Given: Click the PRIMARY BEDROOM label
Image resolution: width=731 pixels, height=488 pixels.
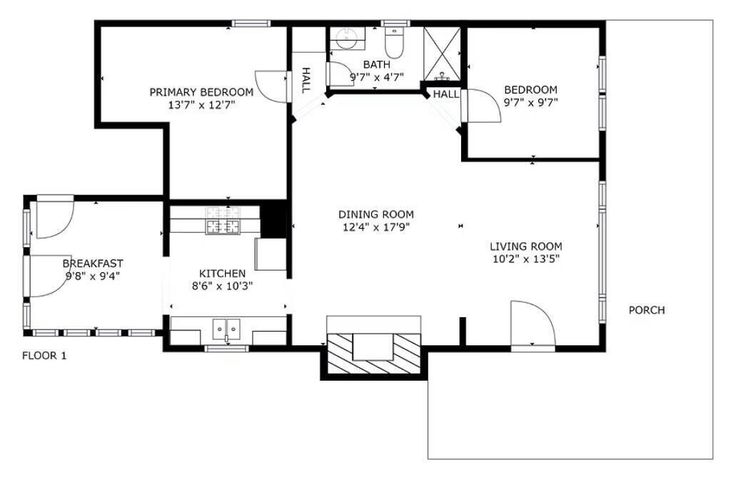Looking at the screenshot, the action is [201, 92].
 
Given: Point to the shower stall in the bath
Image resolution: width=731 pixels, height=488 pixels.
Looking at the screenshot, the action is [441, 54].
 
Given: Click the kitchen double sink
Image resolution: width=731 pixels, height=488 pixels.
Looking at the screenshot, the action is [226, 329].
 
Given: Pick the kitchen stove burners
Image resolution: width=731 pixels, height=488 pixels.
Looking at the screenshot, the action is [223, 220].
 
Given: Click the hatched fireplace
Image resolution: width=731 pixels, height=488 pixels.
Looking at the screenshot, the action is [374, 353].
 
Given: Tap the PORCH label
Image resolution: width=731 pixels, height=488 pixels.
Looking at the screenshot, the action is [647, 310].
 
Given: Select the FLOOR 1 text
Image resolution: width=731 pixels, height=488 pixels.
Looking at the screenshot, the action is [44, 356].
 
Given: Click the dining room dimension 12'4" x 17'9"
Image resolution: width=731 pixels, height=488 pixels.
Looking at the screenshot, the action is [375, 227].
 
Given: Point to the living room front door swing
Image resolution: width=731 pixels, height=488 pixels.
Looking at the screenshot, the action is [533, 324].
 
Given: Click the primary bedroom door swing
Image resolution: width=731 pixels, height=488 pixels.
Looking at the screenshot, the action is [271, 86].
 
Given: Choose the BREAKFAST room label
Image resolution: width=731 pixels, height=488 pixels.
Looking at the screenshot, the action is [93, 264].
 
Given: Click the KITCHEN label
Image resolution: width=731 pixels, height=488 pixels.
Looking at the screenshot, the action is [223, 274].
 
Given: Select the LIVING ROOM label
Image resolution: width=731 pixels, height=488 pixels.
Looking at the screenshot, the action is [526, 247].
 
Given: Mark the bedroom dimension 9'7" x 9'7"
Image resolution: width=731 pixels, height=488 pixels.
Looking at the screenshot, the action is [531, 102].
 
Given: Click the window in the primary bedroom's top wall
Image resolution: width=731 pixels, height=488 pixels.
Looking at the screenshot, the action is [251, 24].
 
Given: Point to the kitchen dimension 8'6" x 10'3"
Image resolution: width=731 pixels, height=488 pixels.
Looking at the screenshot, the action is [223, 286].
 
